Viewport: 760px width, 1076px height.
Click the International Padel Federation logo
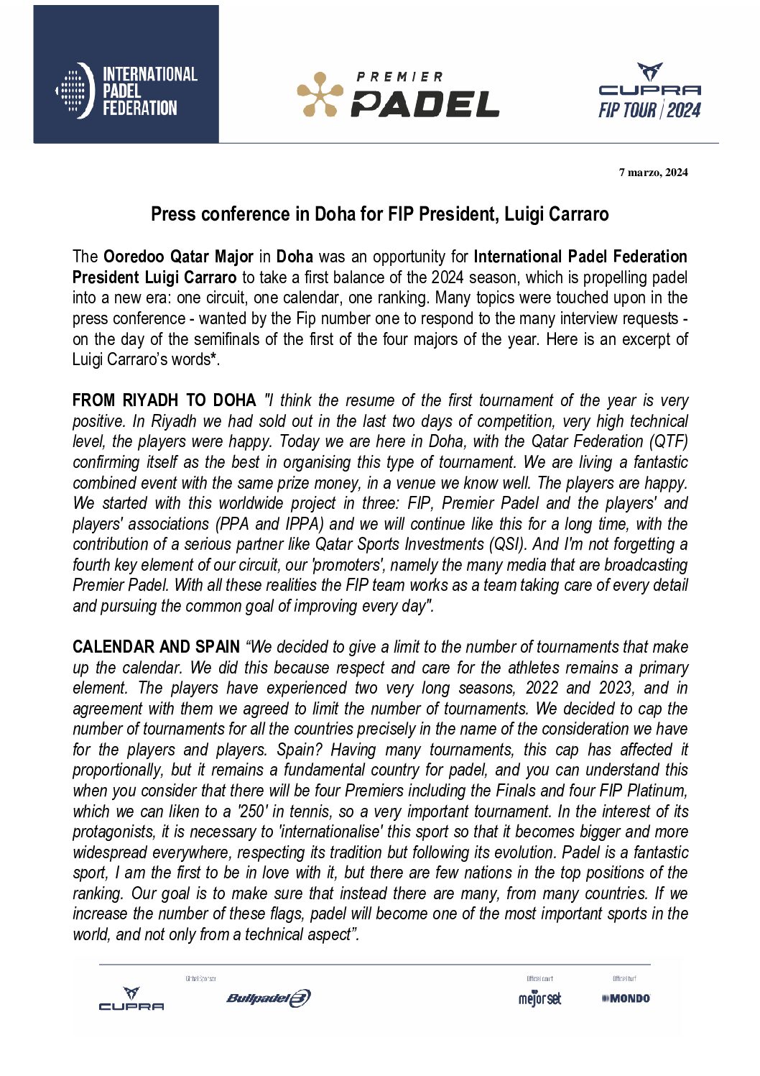click(x=126, y=91)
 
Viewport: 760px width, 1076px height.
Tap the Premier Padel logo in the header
click(x=398, y=94)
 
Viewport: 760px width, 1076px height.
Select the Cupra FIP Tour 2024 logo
click(x=649, y=91)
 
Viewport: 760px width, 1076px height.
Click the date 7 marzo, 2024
click(x=653, y=173)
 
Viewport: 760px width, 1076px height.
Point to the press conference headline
click(x=379, y=214)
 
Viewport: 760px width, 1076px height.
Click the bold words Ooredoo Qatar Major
click(x=178, y=257)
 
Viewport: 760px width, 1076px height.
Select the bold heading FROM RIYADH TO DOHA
click(x=164, y=400)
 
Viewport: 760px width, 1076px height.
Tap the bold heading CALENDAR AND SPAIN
click(x=156, y=647)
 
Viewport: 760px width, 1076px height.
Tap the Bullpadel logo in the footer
click(x=268, y=998)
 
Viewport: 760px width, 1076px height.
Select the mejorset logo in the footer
click(x=539, y=998)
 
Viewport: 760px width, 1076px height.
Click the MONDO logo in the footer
click(x=626, y=998)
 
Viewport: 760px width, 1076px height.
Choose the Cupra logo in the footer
click(x=131, y=999)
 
